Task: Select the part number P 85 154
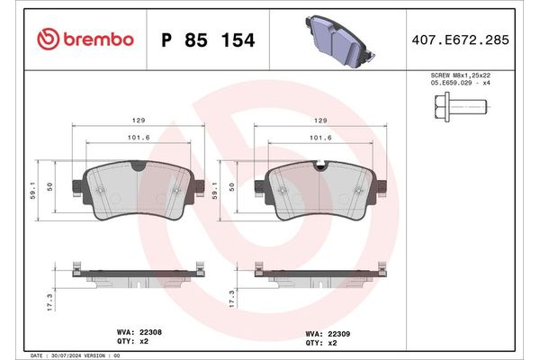tap(206, 40)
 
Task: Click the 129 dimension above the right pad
tap(319, 120)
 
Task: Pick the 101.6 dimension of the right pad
tap(319, 139)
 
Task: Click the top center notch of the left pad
tap(137, 167)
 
